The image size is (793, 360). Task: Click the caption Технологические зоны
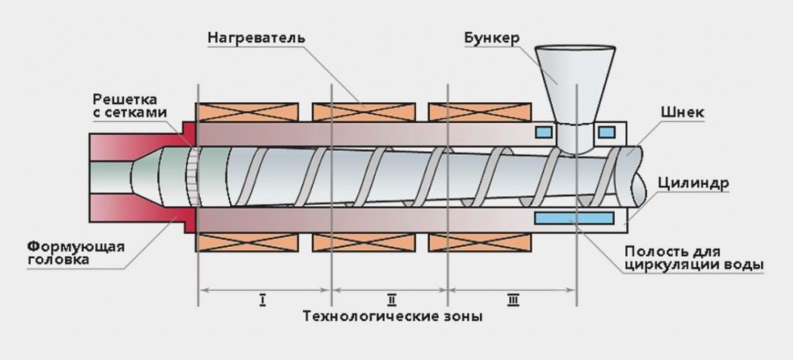[392, 317]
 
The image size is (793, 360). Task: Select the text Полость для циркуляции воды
[693, 259]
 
